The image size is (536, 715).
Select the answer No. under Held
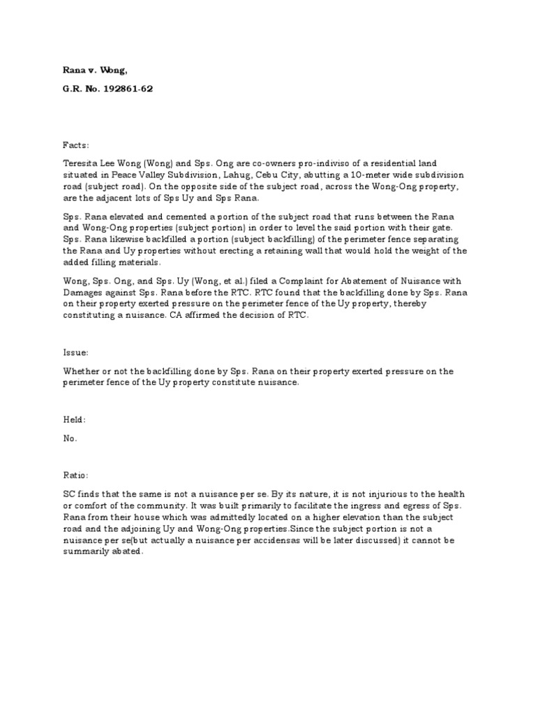pyautogui.click(x=70, y=438)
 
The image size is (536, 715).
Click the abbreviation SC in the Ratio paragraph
pyautogui.click(x=68, y=494)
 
